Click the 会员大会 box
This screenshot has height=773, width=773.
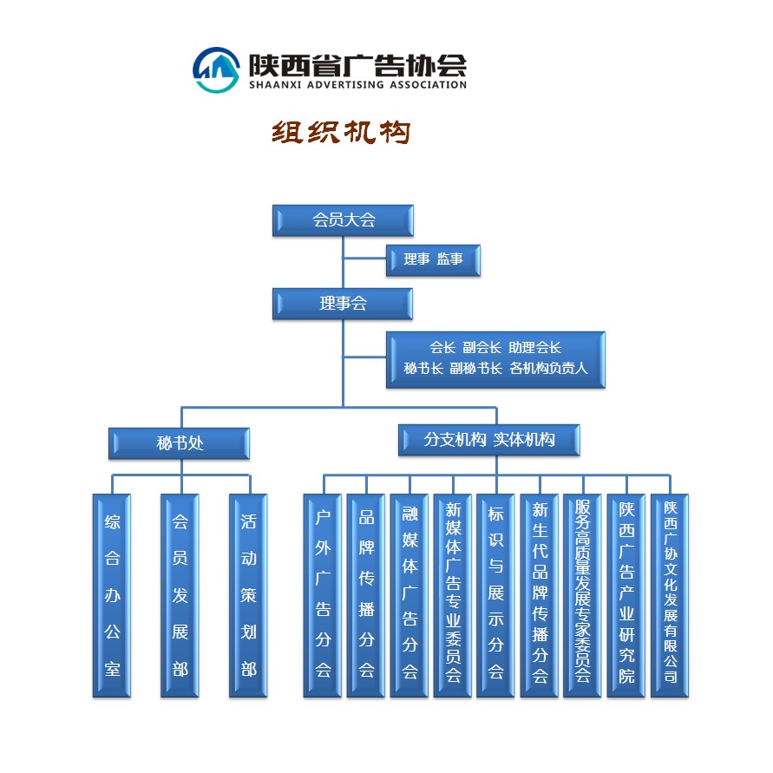pos(343,220)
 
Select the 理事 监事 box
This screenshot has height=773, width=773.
pos(433,260)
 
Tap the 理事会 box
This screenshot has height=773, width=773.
pos(343,304)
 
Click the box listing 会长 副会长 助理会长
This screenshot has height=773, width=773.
pos(495,358)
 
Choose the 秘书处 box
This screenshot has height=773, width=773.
pos(180,442)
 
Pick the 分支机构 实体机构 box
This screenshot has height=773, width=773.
pos(489,440)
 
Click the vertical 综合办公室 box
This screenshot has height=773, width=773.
pos(112,595)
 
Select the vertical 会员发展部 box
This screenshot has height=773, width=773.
pos(180,595)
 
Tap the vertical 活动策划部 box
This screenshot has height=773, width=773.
pos(248,595)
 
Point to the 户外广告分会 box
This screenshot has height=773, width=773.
pos(323,595)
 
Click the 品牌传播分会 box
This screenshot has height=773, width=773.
pos(366,595)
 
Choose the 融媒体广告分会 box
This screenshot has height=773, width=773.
pos(409,595)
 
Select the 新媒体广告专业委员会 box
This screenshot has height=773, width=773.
pos(453,595)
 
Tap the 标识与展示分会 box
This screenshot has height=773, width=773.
pos(496,595)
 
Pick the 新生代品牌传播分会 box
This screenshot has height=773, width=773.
pos(540,595)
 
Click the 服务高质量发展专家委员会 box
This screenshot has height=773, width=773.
pos(583,595)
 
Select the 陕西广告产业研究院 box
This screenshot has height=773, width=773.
pos(626,595)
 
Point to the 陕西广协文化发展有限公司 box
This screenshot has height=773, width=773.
pos(670,595)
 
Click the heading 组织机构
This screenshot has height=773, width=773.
pos(341,133)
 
